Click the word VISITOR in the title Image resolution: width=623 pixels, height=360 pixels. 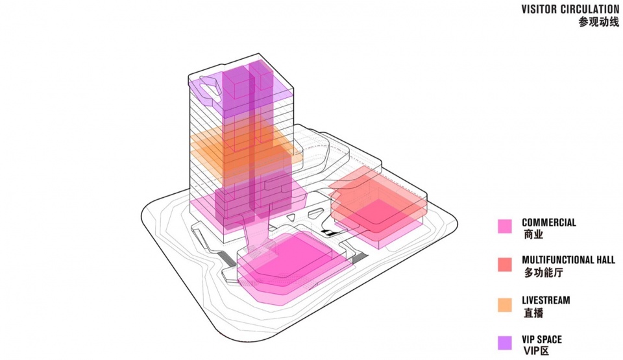539,10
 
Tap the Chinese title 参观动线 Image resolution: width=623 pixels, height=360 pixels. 599,22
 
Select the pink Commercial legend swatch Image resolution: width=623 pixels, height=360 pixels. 505,226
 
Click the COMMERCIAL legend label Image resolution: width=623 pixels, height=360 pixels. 549,222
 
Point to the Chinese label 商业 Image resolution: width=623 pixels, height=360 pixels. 533,234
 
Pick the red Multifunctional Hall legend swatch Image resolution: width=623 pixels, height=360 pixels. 505,265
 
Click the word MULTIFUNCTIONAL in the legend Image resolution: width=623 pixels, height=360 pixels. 556,260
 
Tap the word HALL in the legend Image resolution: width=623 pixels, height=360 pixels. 604,260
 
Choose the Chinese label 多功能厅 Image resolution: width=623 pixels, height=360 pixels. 543,273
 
